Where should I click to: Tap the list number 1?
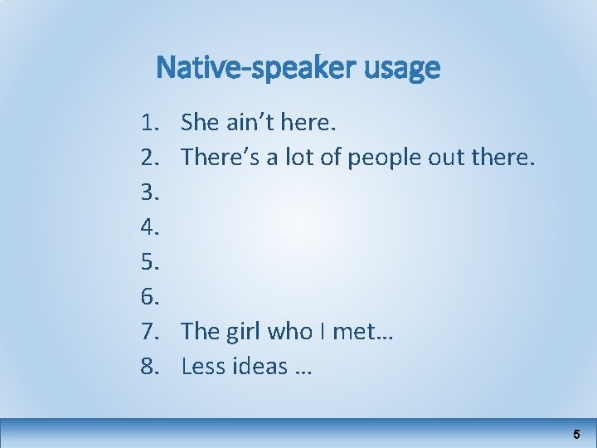149,123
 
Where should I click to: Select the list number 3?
149,192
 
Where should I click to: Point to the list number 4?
149,227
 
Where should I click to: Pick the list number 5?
149,262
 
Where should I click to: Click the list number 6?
149,297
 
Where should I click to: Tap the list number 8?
149,366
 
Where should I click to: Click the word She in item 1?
200,123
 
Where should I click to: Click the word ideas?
255,366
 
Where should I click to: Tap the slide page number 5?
576,435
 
